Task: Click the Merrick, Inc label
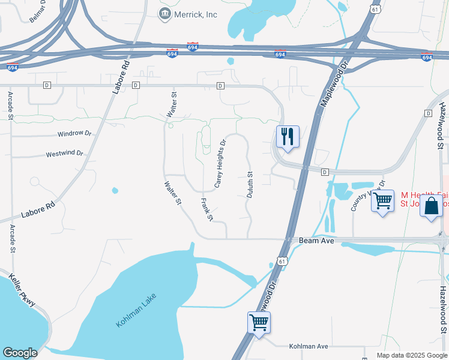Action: tap(196, 14)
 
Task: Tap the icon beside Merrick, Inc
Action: tap(164, 13)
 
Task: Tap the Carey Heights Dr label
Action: tap(220, 163)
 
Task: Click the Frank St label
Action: tap(206, 209)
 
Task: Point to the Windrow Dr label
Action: tap(74, 134)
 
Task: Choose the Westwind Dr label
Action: tap(64, 154)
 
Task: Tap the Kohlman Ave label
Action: tap(309, 347)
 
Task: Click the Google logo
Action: tap(20, 353)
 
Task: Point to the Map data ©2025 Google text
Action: tap(412, 355)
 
